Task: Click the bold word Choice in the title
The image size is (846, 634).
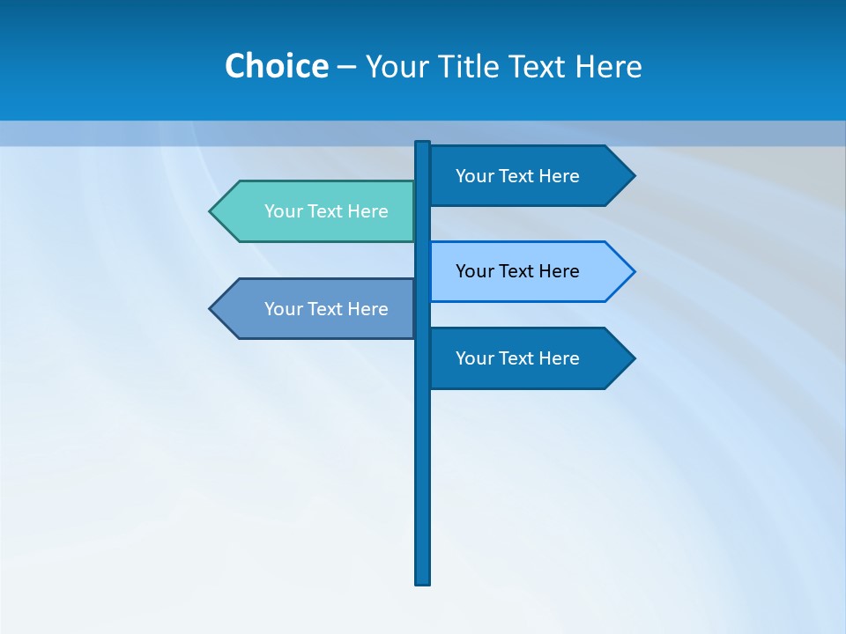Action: pyautogui.click(x=276, y=66)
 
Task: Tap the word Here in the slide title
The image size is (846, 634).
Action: pyautogui.click(x=608, y=66)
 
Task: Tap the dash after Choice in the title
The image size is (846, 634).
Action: pyautogui.click(x=346, y=67)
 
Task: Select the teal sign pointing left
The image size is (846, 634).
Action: pyautogui.click(x=317, y=211)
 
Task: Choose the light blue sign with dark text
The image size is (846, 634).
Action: pyautogui.click(x=529, y=271)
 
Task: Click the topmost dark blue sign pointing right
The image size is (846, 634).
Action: pyautogui.click(x=529, y=176)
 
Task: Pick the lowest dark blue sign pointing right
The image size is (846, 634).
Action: pyautogui.click(x=529, y=358)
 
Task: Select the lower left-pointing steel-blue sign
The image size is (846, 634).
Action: pyautogui.click(x=317, y=309)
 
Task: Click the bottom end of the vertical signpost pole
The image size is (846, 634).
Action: pyautogui.click(x=423, y=581)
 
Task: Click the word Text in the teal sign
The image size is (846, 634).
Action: pyautogui.click(x=327, y=211)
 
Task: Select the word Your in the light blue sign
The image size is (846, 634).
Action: pyautogui.click(x=473, y=271)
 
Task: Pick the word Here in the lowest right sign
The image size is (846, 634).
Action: pyautogui.click(x=560, y=358)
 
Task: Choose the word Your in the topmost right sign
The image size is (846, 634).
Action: pyautogui.click(x=473, y=176)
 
